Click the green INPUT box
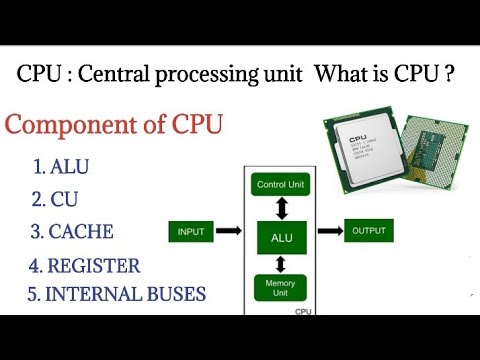point(190,233)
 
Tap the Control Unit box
point(281,185)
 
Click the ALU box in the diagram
point(282,238)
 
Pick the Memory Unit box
point(281,286)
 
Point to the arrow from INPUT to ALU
point(229,232)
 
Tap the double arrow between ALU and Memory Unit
point(282,263)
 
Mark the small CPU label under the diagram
point(303,312)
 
